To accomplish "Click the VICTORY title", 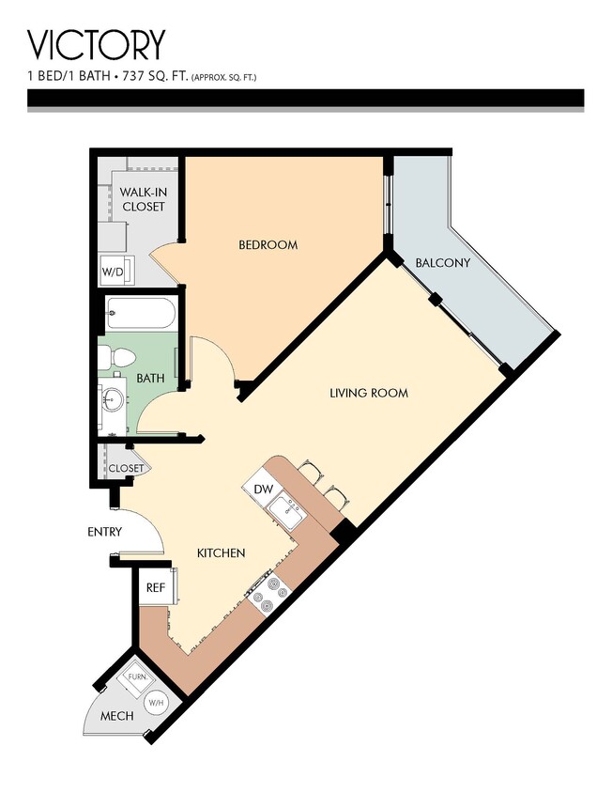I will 97,44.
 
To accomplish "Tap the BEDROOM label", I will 268,245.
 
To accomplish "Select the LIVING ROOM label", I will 369,393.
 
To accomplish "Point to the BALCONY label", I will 442,263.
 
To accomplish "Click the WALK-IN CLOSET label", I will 143,199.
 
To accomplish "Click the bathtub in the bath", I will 139,313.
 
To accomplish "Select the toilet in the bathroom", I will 120,358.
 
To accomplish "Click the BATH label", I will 150,379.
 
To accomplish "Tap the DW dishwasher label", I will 263,489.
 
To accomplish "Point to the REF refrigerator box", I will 156,587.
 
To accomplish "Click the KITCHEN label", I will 221,553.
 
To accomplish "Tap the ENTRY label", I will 104,532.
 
